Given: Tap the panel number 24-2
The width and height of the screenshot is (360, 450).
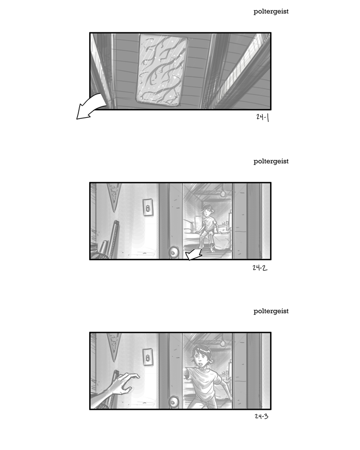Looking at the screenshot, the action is coord(260,268).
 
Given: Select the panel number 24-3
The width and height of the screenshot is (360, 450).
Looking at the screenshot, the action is coord(261,416).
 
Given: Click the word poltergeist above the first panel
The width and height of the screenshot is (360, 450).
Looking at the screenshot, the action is coord(271,12).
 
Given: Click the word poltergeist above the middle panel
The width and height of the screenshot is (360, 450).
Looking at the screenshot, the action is coord(271,162).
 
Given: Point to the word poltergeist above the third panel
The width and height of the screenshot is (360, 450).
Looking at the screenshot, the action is coord(271,311).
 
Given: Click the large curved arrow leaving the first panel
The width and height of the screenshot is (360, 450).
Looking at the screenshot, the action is coord(90,108).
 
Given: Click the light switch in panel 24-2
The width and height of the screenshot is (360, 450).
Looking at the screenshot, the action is coord(148,207).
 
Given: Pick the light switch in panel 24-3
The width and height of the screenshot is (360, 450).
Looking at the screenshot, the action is coord(148,357).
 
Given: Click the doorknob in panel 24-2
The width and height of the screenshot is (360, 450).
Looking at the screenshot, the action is coord(174,252).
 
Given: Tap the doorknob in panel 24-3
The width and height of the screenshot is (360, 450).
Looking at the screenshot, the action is coord(174,402).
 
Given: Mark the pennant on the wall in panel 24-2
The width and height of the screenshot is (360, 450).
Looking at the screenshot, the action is coord(114,195).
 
